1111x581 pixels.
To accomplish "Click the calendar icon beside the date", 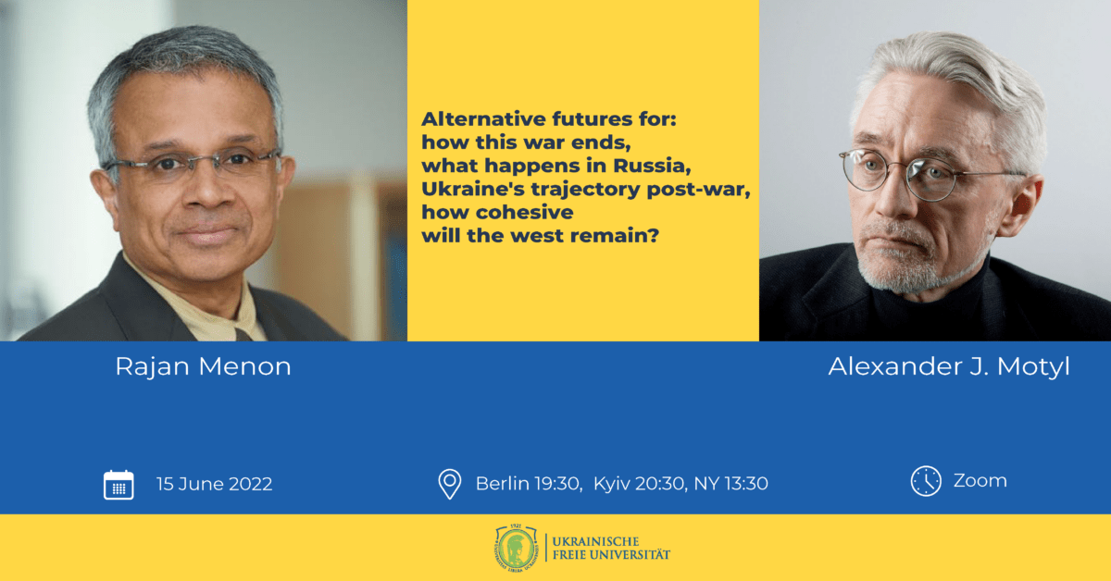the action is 119,485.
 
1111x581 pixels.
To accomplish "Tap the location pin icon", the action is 450,484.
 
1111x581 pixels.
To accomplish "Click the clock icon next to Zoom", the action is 926,481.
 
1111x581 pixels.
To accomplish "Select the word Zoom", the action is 980,481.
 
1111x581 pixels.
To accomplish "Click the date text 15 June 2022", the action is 214,484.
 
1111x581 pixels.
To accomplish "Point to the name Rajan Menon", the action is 204,367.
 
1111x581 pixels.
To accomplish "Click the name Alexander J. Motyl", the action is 949,367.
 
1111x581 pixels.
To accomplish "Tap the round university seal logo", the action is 517,547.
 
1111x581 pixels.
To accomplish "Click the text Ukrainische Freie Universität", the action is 611,548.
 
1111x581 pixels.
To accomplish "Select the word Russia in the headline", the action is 652,166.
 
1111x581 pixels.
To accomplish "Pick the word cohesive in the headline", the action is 525,212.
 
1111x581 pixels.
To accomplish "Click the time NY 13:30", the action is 731,483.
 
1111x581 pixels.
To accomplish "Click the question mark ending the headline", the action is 654,236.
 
